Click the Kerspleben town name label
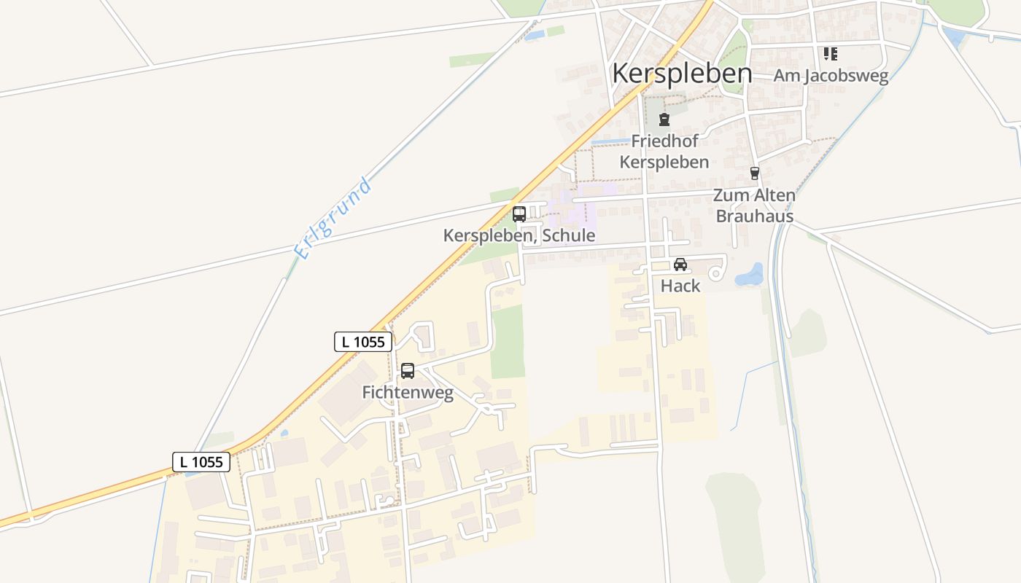682,74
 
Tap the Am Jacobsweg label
831,76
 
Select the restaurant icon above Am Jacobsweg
830,54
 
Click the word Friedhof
664,141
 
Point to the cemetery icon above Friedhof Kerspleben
664,120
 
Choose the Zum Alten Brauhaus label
754,206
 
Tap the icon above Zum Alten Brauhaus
755,173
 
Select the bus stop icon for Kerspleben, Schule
519,214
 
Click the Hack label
680,286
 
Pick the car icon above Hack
680,265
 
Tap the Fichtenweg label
408,394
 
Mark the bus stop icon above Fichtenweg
408,371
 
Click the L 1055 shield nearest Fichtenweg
364,342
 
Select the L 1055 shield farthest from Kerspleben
201,461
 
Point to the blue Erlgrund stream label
333,217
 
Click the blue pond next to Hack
749,275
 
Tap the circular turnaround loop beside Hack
717,273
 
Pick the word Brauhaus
754,216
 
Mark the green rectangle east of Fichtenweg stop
508,342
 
